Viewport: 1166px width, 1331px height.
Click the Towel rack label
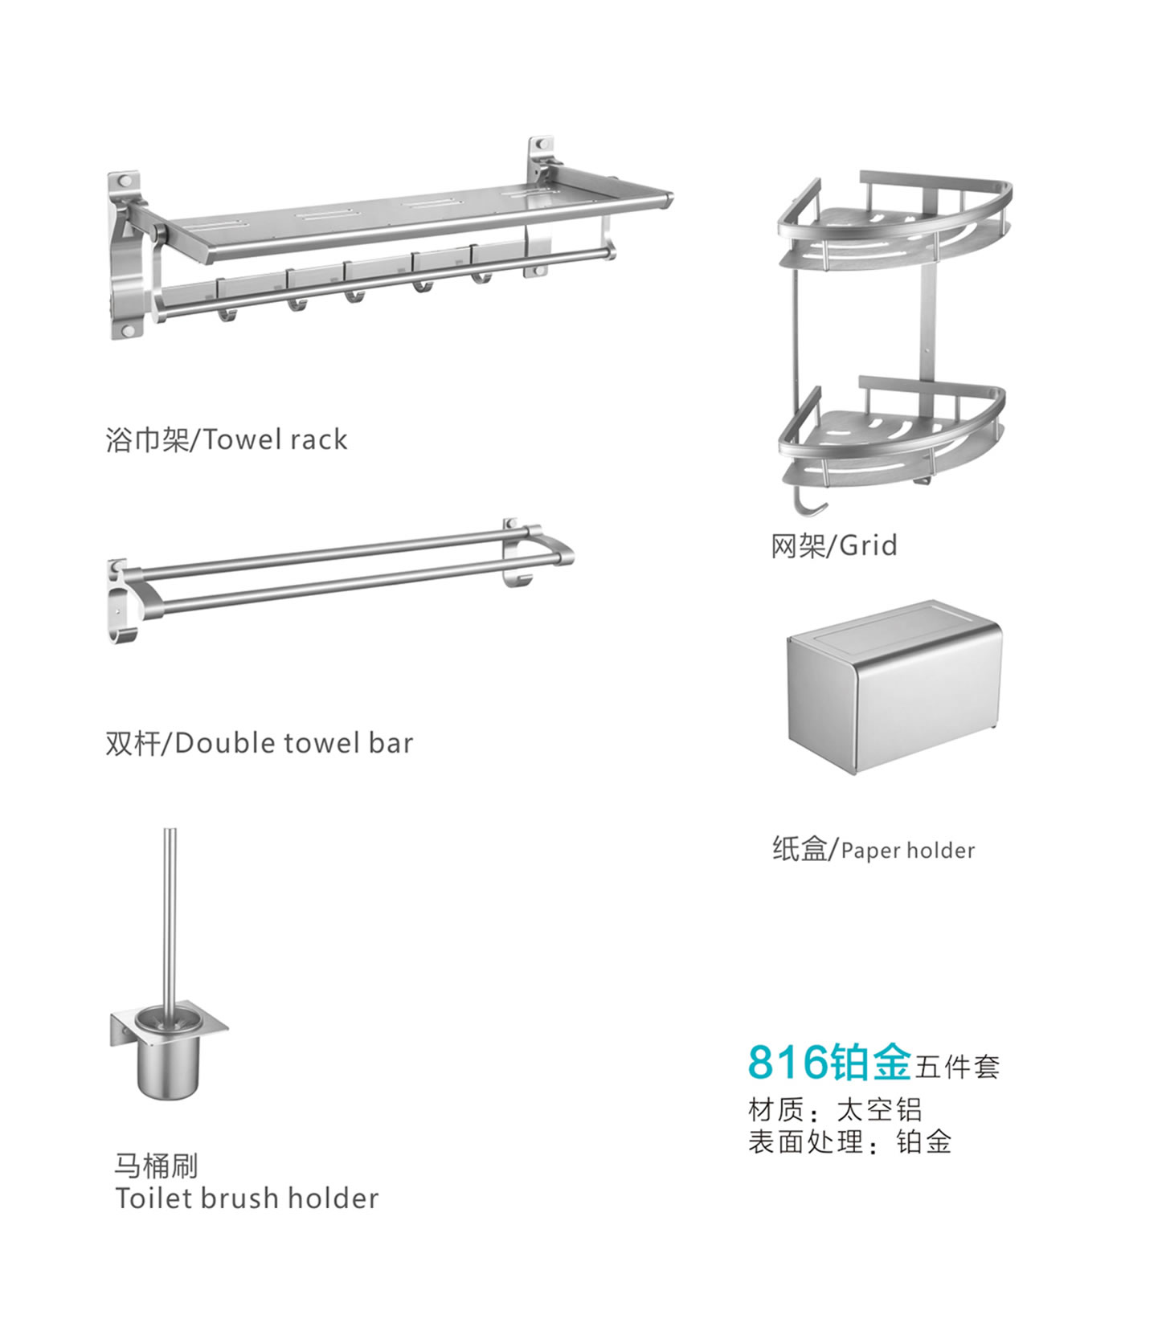pyautogui.click(x=226, y=439)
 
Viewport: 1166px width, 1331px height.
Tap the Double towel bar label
pyautogui.click(x=259, y=743)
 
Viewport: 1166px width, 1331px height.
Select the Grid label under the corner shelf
pyautogui.click(x=833, y=545)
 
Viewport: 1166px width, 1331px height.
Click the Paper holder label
pyautogui.click(x=873, y=849)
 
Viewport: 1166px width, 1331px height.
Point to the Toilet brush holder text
pyautogui.click(x=247, y=1198)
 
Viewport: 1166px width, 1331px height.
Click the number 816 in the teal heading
pyautogui.click(x=788, y=1062)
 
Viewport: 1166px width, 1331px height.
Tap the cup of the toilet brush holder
pyautogui.click(x=166, y=1060)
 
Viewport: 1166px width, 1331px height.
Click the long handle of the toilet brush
pyautogui.click(x=170, y=916)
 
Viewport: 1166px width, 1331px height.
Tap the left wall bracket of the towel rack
pyautogui.click(x=126, y=257)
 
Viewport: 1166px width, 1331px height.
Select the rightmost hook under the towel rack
pyautogui.click(x=481, y=277)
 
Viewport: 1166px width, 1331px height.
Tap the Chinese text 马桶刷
pyautogui.click(x=156, y=1165)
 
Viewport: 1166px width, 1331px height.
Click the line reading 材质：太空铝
pyautogui.click(x=834, y=1109)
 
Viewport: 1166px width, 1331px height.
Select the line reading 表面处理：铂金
pyautogui.click(x=849, y=1141)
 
